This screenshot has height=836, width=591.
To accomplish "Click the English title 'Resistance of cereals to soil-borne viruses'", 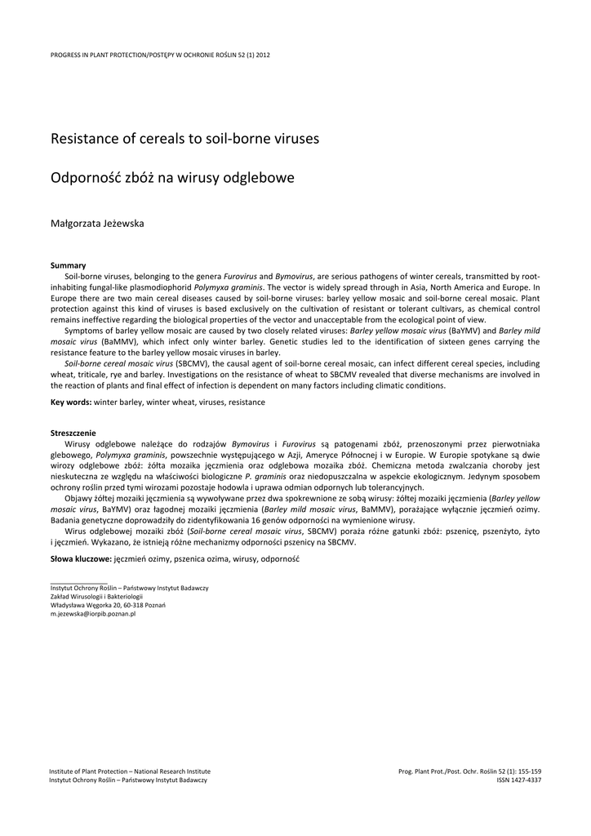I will click(x=184, y=139).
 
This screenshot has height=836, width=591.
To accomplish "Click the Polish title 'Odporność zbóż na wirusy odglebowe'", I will click(x=172, y=177).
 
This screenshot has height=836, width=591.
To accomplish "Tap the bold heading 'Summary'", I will click(x=68, y=266).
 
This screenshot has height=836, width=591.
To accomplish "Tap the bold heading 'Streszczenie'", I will click(x=73, y=433).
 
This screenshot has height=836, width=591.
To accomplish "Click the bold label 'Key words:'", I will click(x=71, y=402).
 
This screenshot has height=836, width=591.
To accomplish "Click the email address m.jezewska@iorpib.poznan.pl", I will click(x=93, y=614).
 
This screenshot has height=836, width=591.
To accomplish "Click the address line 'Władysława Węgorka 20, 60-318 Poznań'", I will click(x=108, y=605).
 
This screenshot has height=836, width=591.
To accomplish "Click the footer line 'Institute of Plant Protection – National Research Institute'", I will click(x=130, y=771).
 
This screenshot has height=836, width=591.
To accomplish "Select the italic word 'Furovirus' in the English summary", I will click(x=241, y=277).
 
